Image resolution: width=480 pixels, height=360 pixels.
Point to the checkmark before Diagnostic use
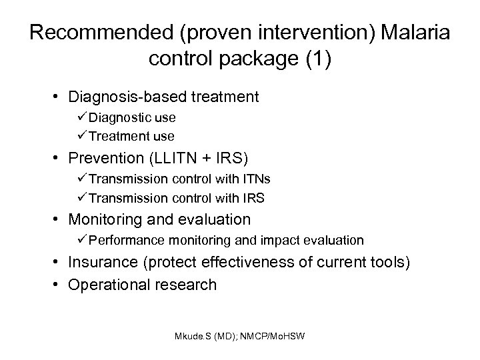[83, 118]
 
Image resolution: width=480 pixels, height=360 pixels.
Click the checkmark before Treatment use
[83, 136]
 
